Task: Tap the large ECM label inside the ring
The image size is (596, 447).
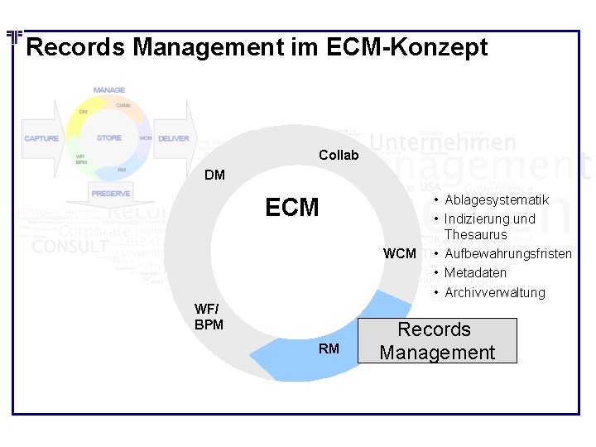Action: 291,208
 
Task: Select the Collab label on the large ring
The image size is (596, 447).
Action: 339,155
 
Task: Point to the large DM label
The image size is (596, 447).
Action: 214,175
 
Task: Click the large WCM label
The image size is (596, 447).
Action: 399,252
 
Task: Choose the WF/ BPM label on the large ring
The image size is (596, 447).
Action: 209,317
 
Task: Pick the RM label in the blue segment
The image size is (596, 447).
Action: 329,348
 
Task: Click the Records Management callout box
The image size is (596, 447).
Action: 436,340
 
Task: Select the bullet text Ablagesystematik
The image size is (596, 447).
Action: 497,200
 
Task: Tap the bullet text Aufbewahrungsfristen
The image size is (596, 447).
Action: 507,252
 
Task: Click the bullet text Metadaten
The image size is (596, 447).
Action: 475,272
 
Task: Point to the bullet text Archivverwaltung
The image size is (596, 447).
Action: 495,292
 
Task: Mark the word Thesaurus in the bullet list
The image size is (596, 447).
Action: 475,235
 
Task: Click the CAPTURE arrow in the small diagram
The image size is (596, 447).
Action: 42,138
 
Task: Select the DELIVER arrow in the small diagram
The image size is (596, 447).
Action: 174,138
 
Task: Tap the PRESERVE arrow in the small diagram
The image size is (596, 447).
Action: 111,193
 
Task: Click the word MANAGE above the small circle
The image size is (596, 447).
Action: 109,89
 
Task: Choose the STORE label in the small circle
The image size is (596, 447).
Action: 108,138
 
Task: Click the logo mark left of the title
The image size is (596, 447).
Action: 14,37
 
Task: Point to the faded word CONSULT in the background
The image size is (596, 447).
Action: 70,247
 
